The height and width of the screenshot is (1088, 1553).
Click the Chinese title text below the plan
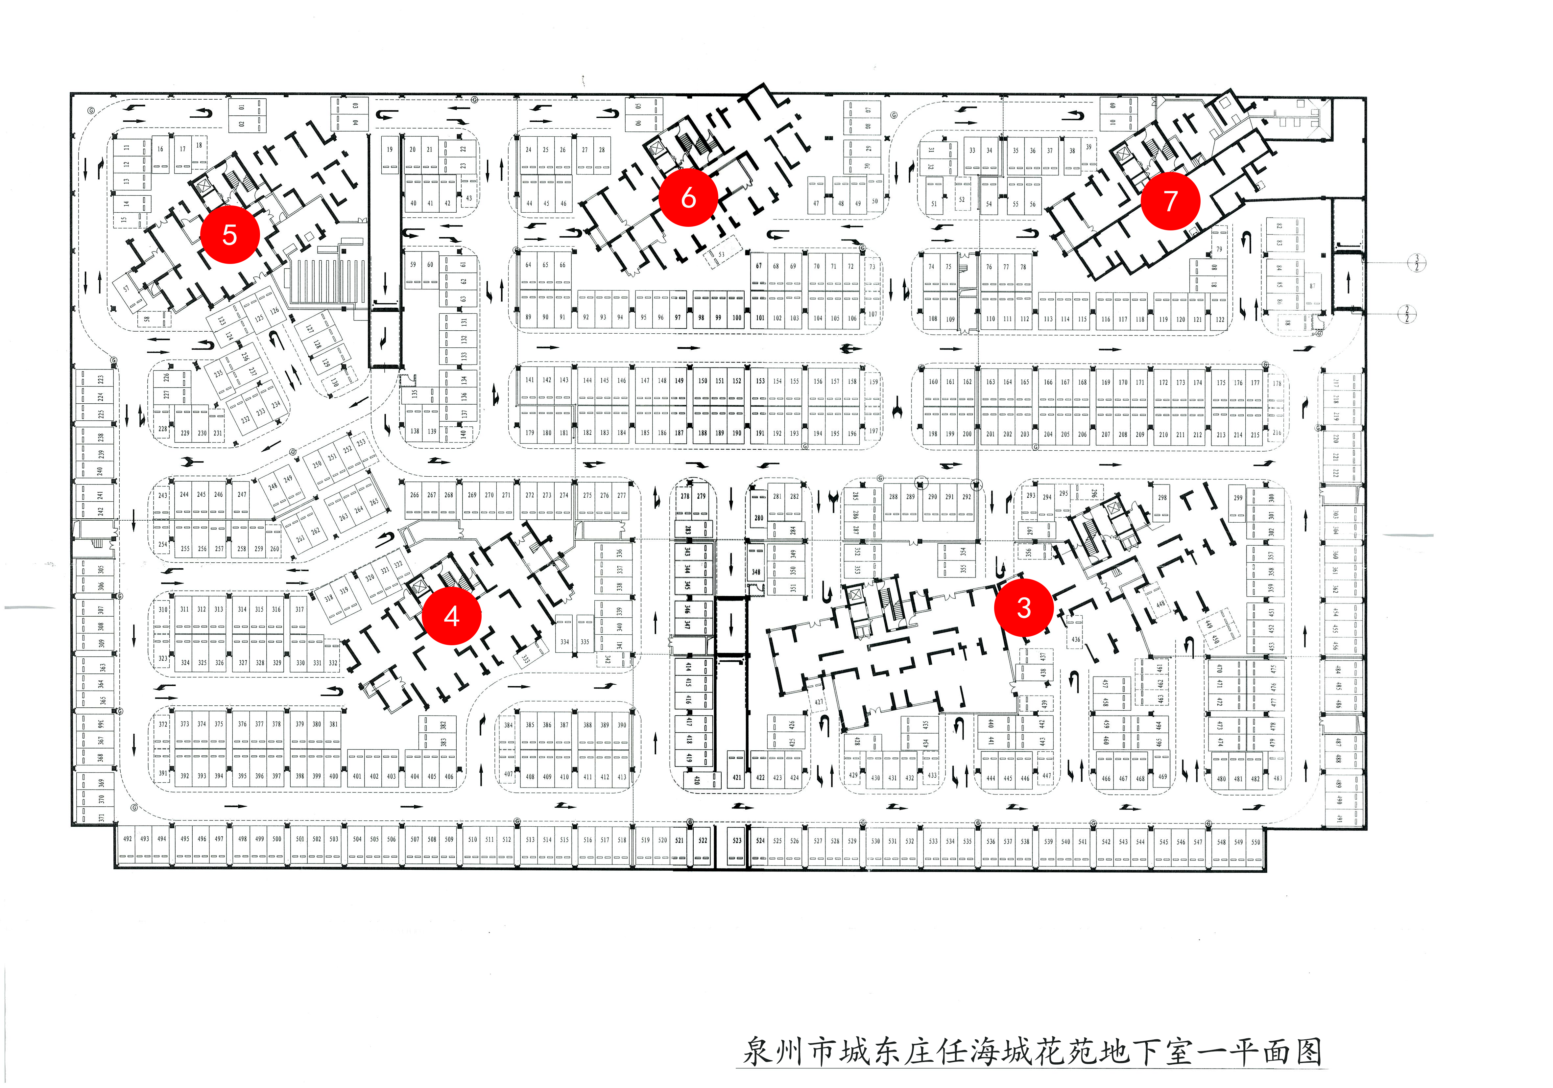1032,1052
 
